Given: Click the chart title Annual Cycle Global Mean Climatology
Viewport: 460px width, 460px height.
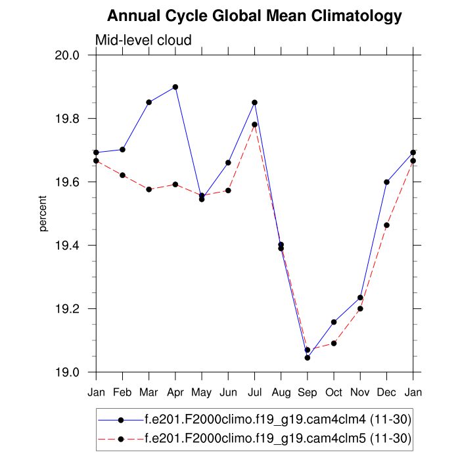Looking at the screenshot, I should point(254,16).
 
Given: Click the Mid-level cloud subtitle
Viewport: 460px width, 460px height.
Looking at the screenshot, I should point(143,40).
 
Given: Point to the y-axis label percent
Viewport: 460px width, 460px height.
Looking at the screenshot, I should point(43,213).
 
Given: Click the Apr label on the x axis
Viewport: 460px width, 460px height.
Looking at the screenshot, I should point(175,393).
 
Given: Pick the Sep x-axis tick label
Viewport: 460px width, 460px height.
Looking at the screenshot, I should point(307,393).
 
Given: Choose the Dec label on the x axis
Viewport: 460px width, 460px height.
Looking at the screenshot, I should point(386,393).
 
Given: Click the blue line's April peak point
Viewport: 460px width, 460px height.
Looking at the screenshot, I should point(175,87).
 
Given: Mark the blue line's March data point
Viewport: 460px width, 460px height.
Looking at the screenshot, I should point(149,103).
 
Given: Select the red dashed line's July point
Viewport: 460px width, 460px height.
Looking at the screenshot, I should point(254,125).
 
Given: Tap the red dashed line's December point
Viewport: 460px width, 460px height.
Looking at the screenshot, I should point(386,225).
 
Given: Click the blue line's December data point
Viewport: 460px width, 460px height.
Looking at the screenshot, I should point(386,182).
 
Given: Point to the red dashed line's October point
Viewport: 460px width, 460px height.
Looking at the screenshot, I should point(334,343).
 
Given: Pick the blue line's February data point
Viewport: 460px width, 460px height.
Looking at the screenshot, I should point(123,150).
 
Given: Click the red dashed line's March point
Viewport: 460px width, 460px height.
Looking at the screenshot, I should point(149,189).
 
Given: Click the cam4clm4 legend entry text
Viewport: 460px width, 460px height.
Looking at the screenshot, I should point(278,419).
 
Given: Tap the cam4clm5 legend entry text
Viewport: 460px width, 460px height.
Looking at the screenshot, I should point(278,438).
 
